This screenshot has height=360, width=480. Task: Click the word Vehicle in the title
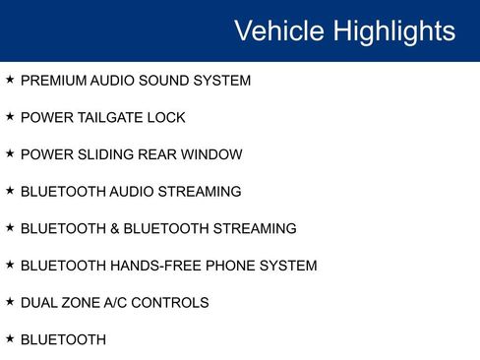[279, 30]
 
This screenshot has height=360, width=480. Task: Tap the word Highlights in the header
[394, 32]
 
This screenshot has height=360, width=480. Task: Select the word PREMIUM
[53, 81]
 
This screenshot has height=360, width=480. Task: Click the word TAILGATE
[110, 118]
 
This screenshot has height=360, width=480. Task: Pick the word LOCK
[166, 118]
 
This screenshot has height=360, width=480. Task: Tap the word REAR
[157, 154]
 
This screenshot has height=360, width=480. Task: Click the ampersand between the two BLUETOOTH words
[115, 229]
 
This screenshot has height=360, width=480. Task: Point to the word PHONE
[230, 266]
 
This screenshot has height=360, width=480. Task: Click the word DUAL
[39, 303]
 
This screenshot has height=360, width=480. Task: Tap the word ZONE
[81, 303]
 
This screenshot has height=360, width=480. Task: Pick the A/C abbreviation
[115, 303]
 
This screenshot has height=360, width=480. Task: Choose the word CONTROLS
[170, 303]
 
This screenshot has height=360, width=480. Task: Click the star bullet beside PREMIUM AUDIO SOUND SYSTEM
[10, 79]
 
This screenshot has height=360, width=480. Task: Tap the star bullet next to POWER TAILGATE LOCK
[10, 116]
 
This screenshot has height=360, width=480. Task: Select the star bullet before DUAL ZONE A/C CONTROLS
[10, 301]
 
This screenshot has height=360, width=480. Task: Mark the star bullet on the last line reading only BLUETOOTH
[10, 338]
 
